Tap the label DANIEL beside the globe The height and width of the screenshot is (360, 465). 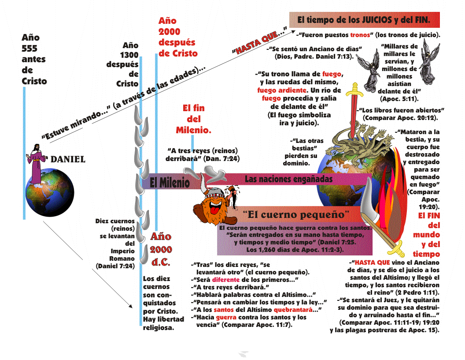[68, 159]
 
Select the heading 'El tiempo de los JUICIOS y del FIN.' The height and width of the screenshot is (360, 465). [364, 20]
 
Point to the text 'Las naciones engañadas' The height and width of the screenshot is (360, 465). [288, 179]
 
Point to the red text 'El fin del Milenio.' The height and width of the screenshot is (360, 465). [194, 119]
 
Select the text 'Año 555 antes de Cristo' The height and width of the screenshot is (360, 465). [34, 60]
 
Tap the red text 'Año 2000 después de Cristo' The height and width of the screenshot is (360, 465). [177, 37]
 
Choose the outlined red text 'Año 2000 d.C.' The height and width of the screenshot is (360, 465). [161, 249]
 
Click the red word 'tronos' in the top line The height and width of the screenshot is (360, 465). [360, 34]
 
